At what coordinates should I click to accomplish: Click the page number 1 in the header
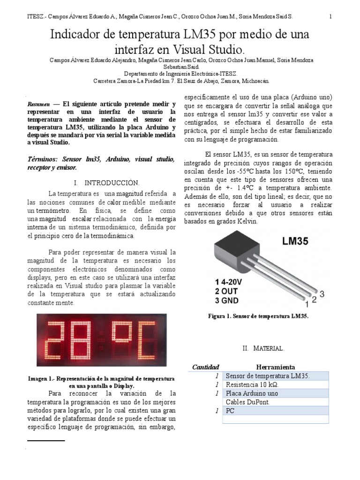tap(331, 16)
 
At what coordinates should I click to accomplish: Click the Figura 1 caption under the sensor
tap(258, 317)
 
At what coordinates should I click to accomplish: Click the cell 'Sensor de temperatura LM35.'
tap(268, 376)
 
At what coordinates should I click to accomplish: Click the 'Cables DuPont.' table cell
tap(247, 402)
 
